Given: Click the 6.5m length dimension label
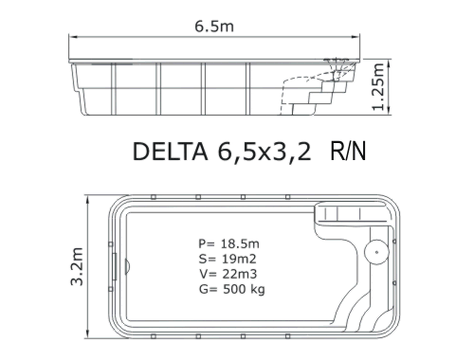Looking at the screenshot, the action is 214,26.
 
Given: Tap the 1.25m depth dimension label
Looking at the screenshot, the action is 378,87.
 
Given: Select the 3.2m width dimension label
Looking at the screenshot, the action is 77,266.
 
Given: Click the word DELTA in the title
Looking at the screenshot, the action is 170,152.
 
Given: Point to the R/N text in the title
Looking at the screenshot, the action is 348,152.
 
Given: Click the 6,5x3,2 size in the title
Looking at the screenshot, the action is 264,152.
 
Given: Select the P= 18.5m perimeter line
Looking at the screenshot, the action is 228,243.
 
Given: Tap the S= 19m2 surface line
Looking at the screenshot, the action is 228,259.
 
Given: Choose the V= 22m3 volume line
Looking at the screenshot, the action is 228,274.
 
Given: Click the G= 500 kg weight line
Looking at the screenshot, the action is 232,289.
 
